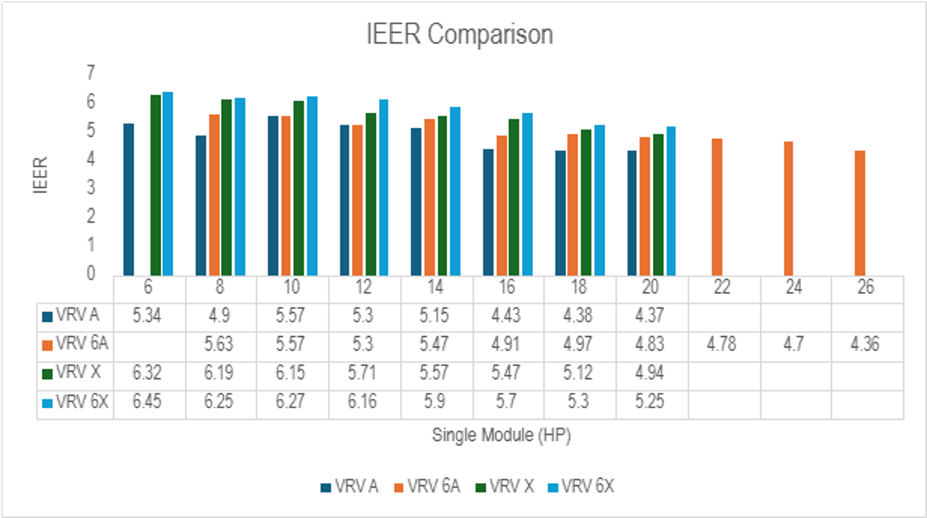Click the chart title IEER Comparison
(460, 35)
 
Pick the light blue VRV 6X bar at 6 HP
(167, 183)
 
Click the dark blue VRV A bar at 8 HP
(201, 204)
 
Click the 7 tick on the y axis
(90, 73)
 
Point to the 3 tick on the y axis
(90, 188)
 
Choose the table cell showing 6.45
(148, 402)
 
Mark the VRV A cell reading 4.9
(220, 316)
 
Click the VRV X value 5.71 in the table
(363, 373)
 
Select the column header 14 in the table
(435, 287)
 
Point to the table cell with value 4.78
(721, 344)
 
